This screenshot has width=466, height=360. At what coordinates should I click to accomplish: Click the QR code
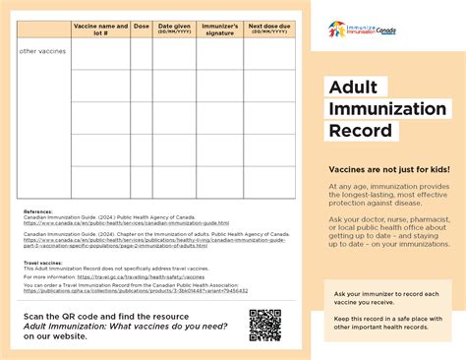(x=264, y=324)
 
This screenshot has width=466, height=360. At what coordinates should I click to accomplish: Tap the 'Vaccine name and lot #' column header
(x=100, y=29)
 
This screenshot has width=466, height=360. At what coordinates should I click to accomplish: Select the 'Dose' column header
(x=141, y=27)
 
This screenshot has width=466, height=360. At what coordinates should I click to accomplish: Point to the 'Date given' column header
(x=174, y=29)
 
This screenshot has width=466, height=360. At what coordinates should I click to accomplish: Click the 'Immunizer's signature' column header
(x=219, y=29)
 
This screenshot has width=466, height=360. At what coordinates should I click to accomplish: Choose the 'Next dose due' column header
(x=268, y=29)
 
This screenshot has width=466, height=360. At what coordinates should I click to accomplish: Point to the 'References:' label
(x=39, y=211)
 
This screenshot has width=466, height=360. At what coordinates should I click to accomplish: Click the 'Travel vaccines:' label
(x=45, y=263)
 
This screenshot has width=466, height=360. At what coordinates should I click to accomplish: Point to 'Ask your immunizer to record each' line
(x=392, y=294)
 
